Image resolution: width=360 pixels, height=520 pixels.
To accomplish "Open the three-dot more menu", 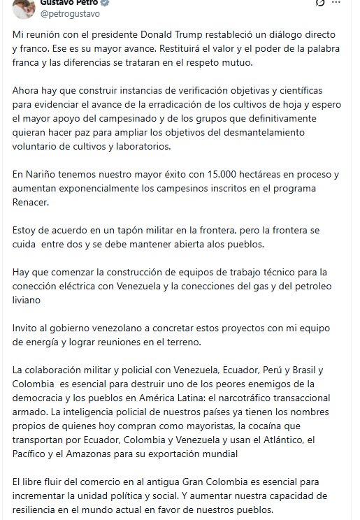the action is pyautogui.click(x=344, y=3).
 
